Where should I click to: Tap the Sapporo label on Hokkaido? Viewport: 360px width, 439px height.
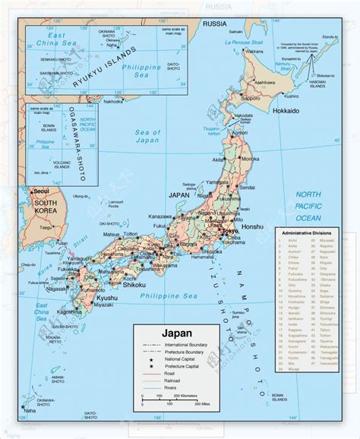pyautogui.click(x=252, y=99)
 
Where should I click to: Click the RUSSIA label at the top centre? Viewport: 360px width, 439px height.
pyautogui.click(x=212, y=23)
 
